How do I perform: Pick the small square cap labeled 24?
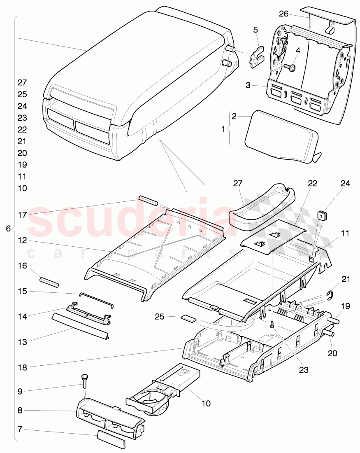point(322,215)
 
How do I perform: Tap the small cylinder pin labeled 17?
point(148,201)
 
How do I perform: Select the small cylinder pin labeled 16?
point(49,282)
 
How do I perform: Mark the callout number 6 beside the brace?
point(8,228)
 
